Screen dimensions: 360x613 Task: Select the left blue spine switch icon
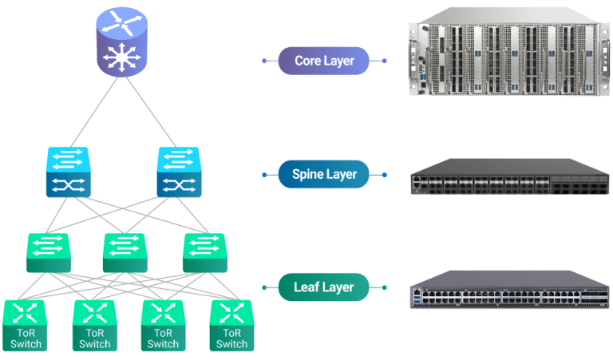point(69,172)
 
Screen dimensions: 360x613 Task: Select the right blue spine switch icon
point(179,172)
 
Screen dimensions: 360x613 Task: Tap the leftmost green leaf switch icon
point(48,251)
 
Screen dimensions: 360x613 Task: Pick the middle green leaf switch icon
point(125,251)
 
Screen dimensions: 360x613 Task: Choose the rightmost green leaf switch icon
point(205,251)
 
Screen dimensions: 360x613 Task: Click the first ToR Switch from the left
point(26,326)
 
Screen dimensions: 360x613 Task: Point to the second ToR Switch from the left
point(95,326)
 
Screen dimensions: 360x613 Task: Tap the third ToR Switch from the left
point(163,326)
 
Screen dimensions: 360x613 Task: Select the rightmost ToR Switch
point(231,326)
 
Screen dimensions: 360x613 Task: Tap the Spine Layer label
point(323,174)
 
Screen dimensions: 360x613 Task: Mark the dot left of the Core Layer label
point(264,61)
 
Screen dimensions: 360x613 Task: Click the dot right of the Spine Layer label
point(385,174)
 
